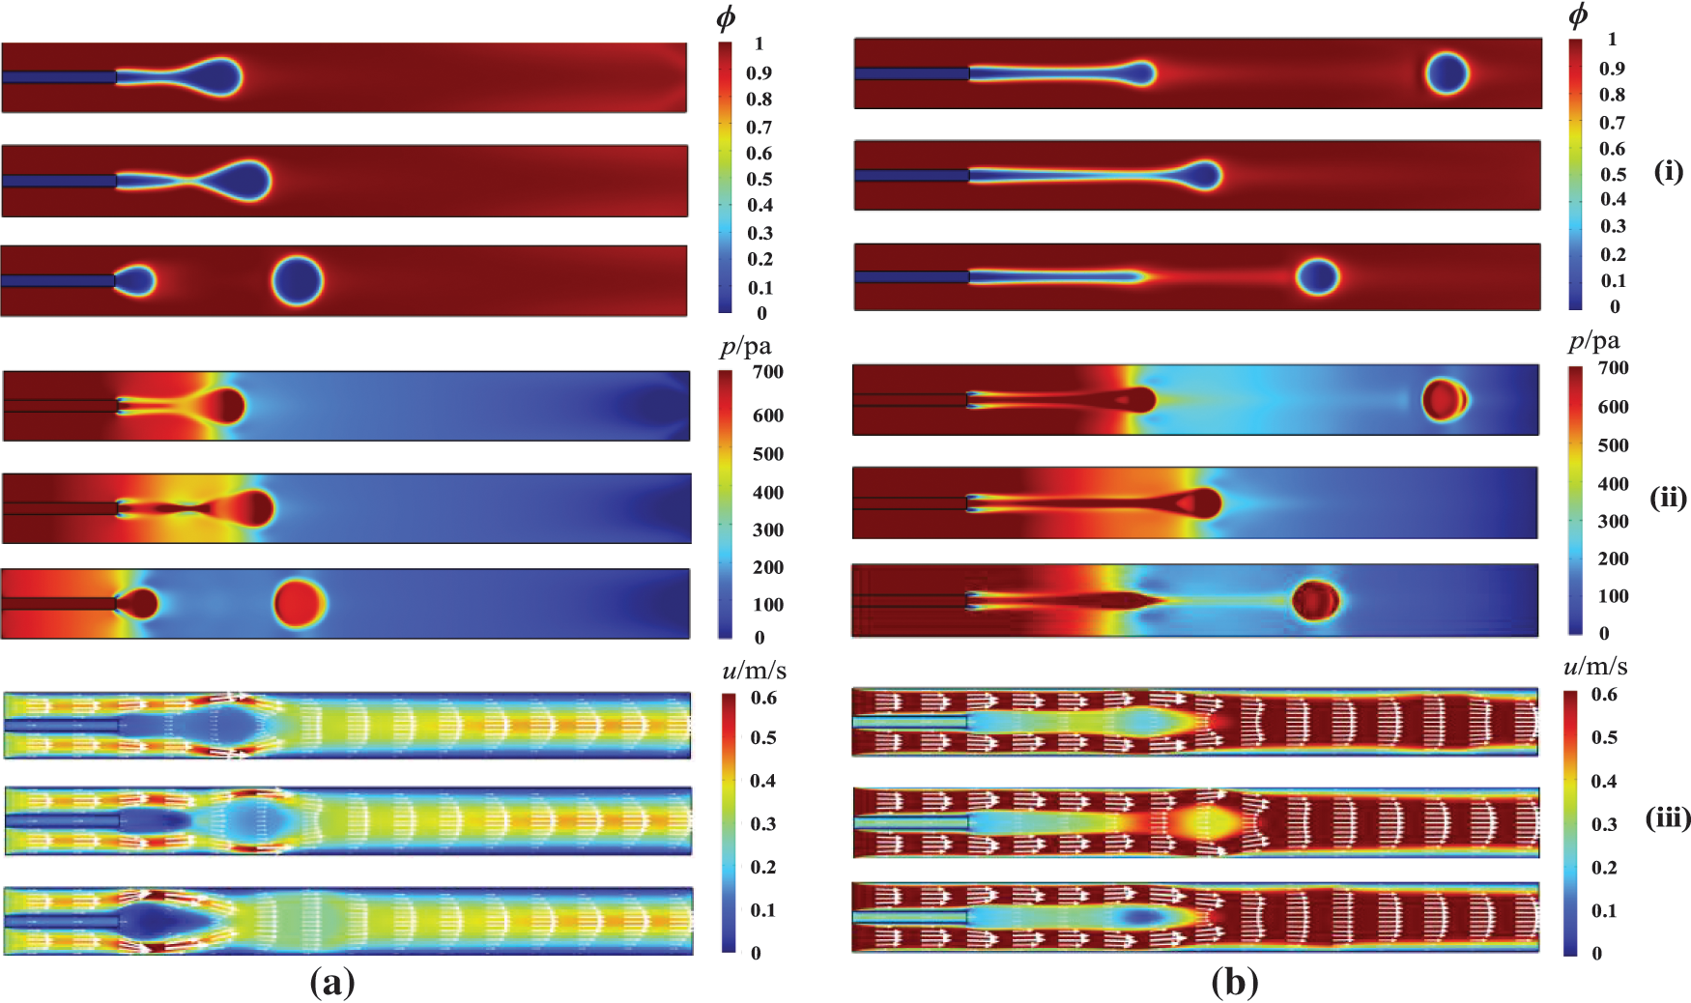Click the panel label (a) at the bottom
pyautogui.click(x=331, y=983)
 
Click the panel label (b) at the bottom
pyautogui.click(x=1234, y=983)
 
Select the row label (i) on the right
pyautogui.click(x=1669, y=171)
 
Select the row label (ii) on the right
pyautogui.click(x=1669, y=498)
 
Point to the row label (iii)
pyautogui.click(x=1668, y=818)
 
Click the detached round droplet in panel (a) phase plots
pyautogui.click(x=298, y=280)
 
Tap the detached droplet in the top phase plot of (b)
pyautogui.click(x=1447, y=73)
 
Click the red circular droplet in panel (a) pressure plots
pyautogui.click(x=300, y=603)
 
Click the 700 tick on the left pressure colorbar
pyautogui.click(x=767, y=372)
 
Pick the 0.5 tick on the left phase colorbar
pyautogui.click(x=760, y=180)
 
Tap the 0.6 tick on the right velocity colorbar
pyautogui.click(x=1604, y=695)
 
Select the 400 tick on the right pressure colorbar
pyautogui.click(x=1613, y=483)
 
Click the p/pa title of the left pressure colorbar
pyautogui.click(x=745, y=347)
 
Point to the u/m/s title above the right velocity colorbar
pyautogui.click(x=1594, y=667)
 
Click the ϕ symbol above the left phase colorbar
pyautogui.click(x=726, y=18)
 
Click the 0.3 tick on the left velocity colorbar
pyautogui.click(x=763, y=824)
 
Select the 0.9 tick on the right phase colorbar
pyautogui.click(x=1612, y=69)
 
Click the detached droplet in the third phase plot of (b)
pyautogui.click(x=1317, y=276)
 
